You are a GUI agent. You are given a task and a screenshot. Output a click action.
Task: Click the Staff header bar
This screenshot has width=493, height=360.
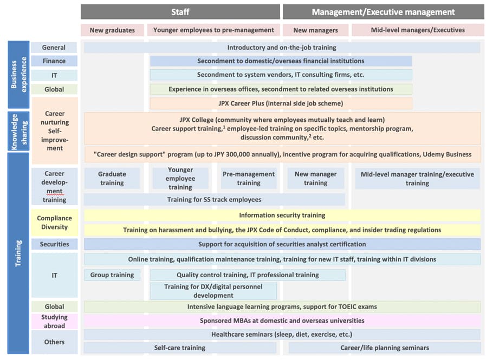(x=180, y=12)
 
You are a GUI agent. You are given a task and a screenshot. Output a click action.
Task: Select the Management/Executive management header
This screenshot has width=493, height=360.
(x=383, y=12)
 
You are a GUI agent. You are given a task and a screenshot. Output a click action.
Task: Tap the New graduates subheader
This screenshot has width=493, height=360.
(x=112, y=30)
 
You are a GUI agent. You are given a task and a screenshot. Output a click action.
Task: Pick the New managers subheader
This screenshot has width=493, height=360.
(x=316, y=30)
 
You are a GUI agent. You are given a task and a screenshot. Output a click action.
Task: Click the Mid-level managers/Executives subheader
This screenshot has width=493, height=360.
(x=418, y=30)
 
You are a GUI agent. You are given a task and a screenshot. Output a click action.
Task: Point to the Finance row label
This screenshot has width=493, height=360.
(x=54, y=61)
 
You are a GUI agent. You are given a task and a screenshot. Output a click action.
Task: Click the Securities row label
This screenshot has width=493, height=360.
(x=54, y=244)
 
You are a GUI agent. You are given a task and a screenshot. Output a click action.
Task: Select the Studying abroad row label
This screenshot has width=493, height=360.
(x=54, y=322)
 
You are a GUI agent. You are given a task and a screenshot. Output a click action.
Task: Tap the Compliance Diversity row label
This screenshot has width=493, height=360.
(x=54, y=222)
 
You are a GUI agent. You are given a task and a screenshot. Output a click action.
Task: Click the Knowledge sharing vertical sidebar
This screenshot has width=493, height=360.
(x=18, y=132)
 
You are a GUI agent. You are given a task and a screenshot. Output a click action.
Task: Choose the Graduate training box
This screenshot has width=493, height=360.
(x=112, y=179)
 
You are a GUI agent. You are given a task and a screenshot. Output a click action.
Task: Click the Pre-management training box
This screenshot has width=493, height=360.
(x=249, y=179)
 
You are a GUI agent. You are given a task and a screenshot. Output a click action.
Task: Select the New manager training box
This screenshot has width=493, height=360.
(x=316, y=179)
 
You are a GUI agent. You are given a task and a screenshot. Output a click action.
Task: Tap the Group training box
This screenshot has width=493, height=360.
(x=112, y=275)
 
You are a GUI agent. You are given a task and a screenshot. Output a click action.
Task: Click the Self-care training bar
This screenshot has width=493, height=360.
(x=180, y=348)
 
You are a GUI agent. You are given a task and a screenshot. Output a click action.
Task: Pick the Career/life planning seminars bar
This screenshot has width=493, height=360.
(x=385, y=348)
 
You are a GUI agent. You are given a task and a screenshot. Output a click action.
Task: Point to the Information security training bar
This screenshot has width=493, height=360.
(x=282, y=215)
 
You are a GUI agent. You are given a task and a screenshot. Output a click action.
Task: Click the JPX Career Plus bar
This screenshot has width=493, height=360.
(x=281, y=103)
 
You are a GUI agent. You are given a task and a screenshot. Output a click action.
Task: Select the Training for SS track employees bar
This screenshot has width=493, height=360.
(x=214, y=199)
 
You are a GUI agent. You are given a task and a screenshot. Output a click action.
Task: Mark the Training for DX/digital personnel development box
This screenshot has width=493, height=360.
(x=213, y=291)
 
